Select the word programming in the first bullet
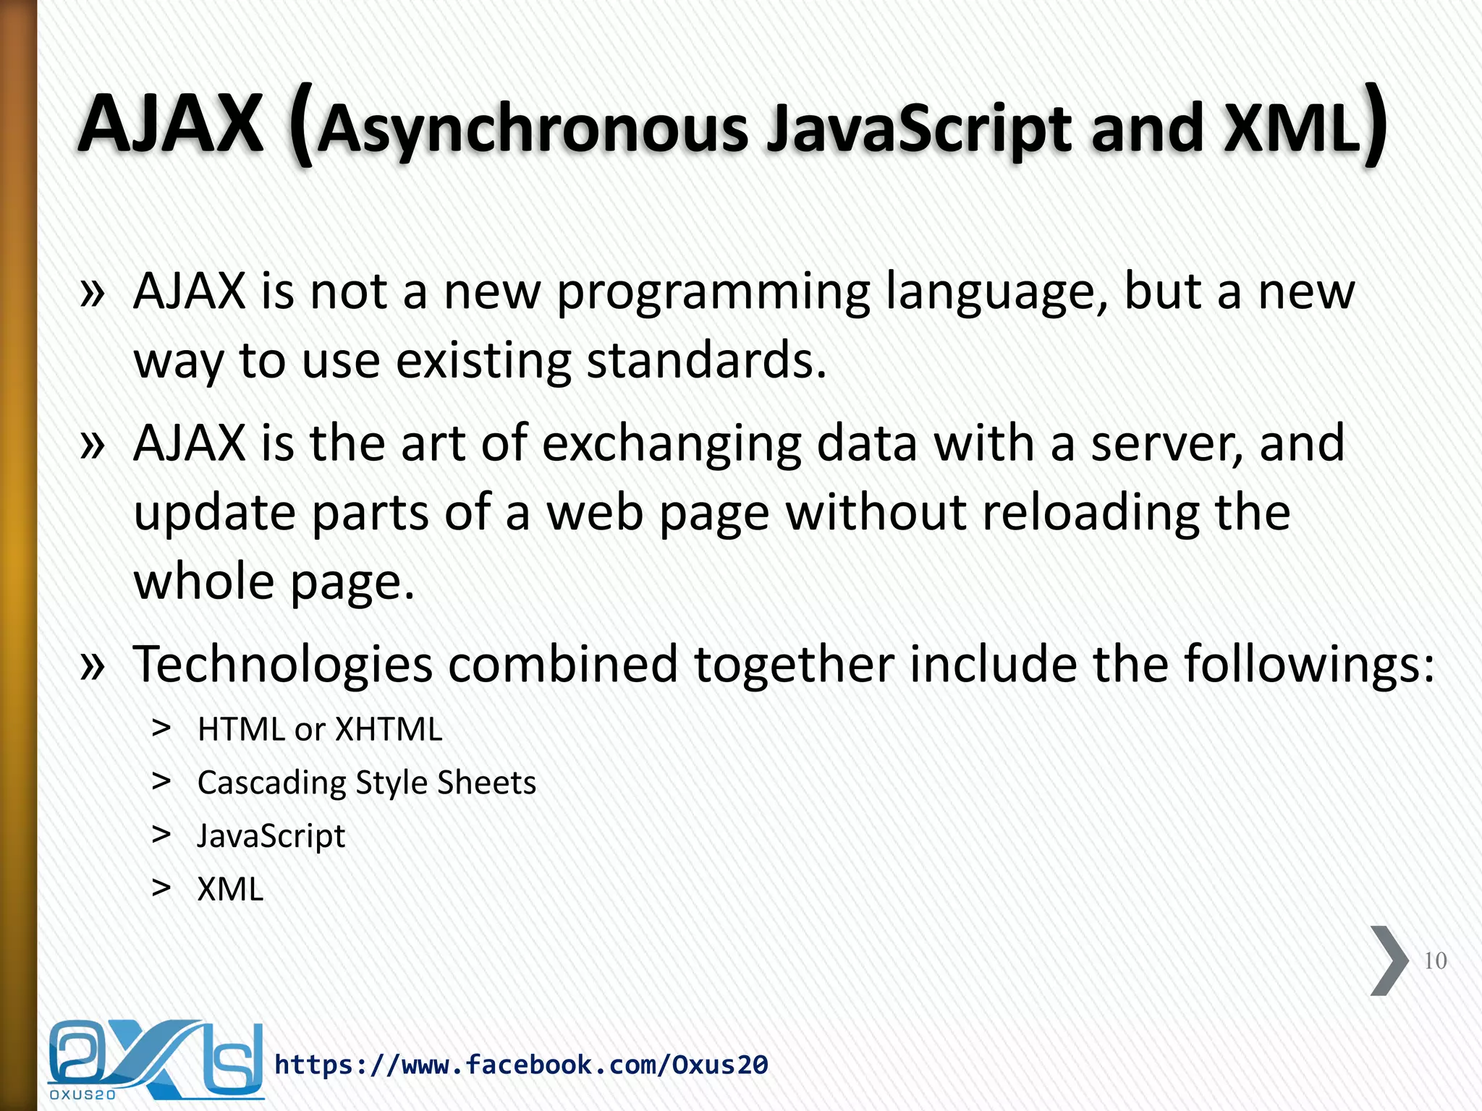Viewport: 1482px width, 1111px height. pyautogui.click(x=714, y=294)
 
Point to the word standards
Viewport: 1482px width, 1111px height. pyautogui.click(x=706, y=361)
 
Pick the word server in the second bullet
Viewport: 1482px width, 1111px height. pyautogui.click(x=1165, y=444)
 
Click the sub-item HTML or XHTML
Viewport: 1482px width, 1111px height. pyautogui.click(x=320, y=729)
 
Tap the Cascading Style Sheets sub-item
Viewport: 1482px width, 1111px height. pyautogui.click(x=367, y=783)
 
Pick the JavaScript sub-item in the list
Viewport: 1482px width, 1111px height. pyautogui.click(x=271, y=836)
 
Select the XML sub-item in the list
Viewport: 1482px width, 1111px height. pyautogui.click(x=231, y=890)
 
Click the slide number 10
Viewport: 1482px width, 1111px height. pyautogui.click(x=1435, y=961)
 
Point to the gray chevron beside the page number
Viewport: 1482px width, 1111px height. pyautogui.click(x=1389, y=961)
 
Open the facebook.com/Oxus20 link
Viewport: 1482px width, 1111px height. pyautogui.click(x=521, y=1065)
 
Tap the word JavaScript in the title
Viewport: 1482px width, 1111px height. pyautogui.click(x=919, y=130)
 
